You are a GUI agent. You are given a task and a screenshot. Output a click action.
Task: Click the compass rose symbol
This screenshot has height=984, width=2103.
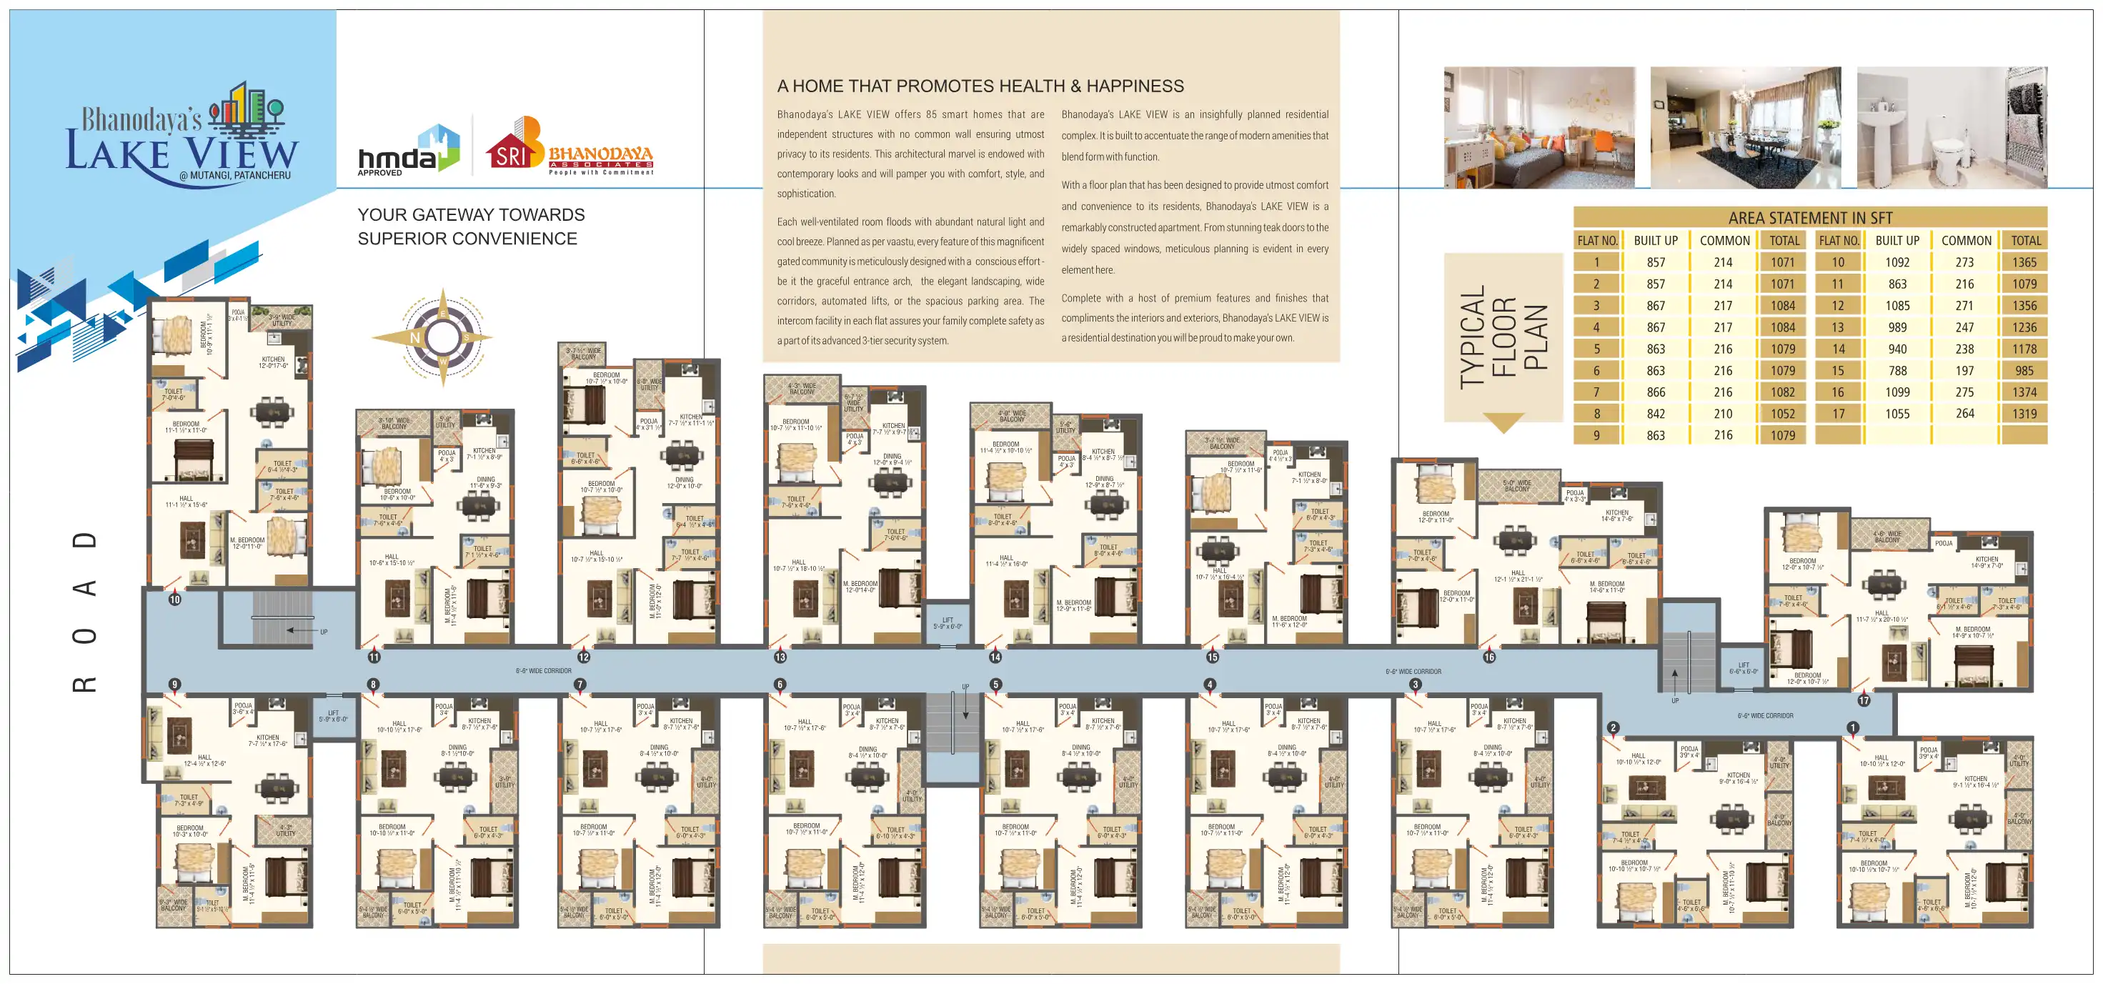442,337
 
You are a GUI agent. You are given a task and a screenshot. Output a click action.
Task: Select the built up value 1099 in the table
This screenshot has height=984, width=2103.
1896,392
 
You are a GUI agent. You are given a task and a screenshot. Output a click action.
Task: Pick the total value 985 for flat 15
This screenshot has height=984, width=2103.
2024,371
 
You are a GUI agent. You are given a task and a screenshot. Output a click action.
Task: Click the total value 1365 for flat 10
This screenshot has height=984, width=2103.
2024,262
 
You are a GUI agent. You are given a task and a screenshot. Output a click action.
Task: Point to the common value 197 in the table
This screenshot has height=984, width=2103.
1964,371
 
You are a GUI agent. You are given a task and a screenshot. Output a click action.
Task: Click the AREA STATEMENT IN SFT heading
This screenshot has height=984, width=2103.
1810,217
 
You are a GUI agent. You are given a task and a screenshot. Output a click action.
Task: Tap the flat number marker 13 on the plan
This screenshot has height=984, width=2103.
780,657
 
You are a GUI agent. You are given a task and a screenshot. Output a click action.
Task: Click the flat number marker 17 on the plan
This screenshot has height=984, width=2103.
1864,700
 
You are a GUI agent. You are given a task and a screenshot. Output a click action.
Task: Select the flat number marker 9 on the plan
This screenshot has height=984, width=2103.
174,685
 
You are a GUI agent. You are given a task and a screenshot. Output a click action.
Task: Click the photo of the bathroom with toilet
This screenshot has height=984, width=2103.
1952,128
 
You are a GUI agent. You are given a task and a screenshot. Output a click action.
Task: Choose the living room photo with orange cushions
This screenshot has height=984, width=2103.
1539,128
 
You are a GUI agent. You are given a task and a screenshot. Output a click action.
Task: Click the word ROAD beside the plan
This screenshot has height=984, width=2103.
85,612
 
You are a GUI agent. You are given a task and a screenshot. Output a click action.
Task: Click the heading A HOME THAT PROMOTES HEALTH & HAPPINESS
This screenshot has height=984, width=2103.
980,86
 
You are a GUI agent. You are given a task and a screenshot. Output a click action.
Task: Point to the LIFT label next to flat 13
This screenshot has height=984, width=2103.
947,623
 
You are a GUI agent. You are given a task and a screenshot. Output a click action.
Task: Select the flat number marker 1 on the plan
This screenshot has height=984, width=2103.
1852,727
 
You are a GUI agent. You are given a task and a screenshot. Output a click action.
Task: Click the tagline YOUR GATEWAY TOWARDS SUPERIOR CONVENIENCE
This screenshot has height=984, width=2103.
470,227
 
